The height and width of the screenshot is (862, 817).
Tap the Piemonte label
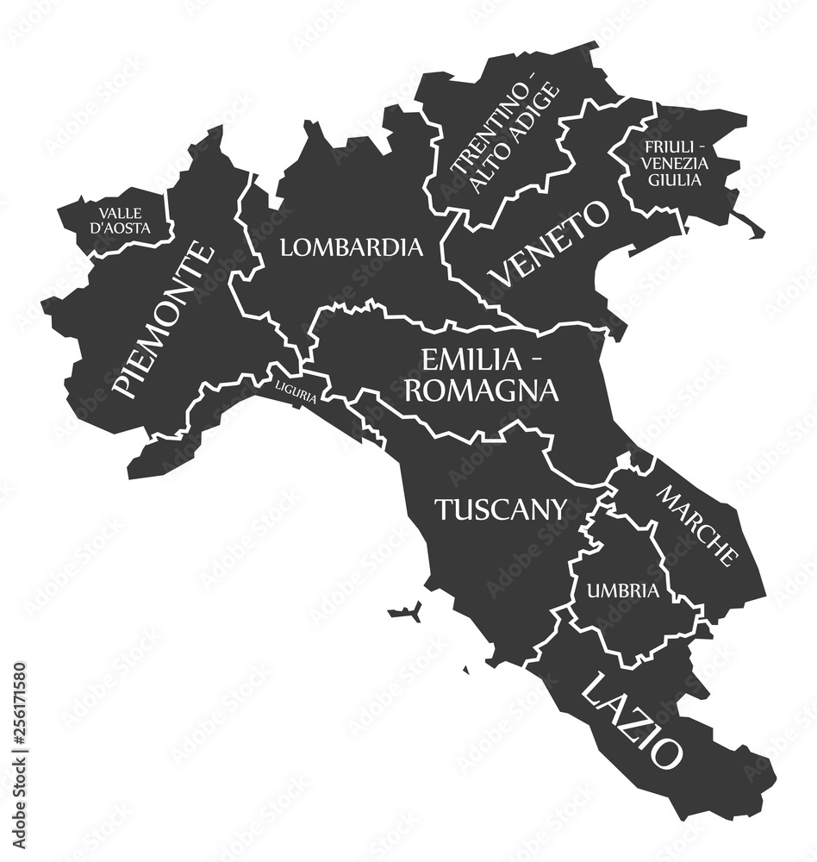tap(164, 321)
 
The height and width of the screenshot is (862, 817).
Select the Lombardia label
tap(352, 248)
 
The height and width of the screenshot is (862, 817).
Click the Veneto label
tap(548, 244)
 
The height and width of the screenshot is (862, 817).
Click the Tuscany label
tap(500, 509)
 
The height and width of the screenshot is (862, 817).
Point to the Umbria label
tap(623, 590)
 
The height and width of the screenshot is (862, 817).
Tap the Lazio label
tap(633, 718)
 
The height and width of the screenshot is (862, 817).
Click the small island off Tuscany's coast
tap(404, 613)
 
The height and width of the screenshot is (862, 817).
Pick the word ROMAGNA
tap(481, 390)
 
